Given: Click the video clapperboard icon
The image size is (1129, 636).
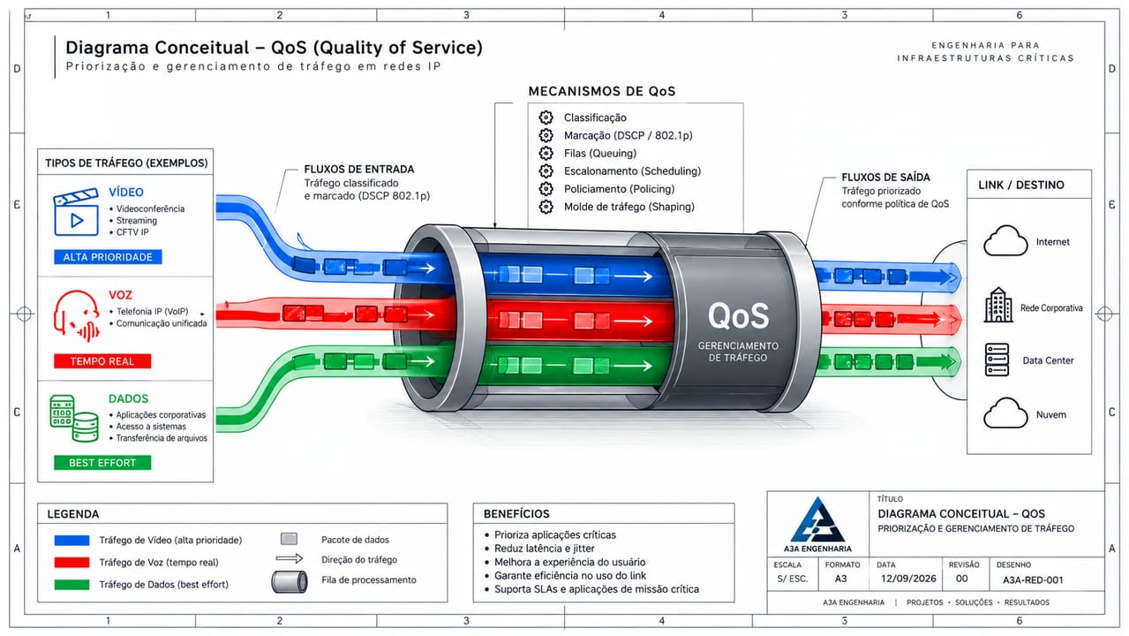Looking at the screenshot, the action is tap(76, 212).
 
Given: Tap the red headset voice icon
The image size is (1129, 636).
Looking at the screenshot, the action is tap(77, 315).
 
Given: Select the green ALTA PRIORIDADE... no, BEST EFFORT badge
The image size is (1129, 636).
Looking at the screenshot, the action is tap(102, 463).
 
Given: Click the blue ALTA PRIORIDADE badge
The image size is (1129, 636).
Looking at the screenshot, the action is tap(108, 257).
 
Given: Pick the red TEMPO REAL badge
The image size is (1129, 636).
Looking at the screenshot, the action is tap(102, 361).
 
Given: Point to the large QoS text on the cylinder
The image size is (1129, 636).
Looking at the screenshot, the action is tap(738, 316).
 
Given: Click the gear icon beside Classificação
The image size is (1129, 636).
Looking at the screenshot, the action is tap(546, 117).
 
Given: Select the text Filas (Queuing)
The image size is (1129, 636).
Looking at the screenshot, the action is tap(599, 154).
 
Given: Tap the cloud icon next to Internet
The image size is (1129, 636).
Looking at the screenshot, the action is tap(1005, 240).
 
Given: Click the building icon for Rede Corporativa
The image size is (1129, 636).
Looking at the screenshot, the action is tap(998, 305).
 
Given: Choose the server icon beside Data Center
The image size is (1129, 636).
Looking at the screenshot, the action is tap(997, 360).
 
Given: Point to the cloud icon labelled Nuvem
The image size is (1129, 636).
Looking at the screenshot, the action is tap(1005, 413).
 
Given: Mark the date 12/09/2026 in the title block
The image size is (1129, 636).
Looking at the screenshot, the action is tap(908, 579).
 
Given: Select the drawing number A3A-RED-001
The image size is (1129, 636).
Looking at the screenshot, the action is tap(1033, 580).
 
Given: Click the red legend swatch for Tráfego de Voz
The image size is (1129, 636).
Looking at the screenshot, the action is tap(72, 563).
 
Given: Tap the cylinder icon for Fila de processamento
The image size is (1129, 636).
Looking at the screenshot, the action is tap(290, 581).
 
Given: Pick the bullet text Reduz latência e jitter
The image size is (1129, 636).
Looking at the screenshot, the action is tap(545, 549).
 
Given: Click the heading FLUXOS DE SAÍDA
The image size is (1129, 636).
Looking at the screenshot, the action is tap(885, 177).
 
